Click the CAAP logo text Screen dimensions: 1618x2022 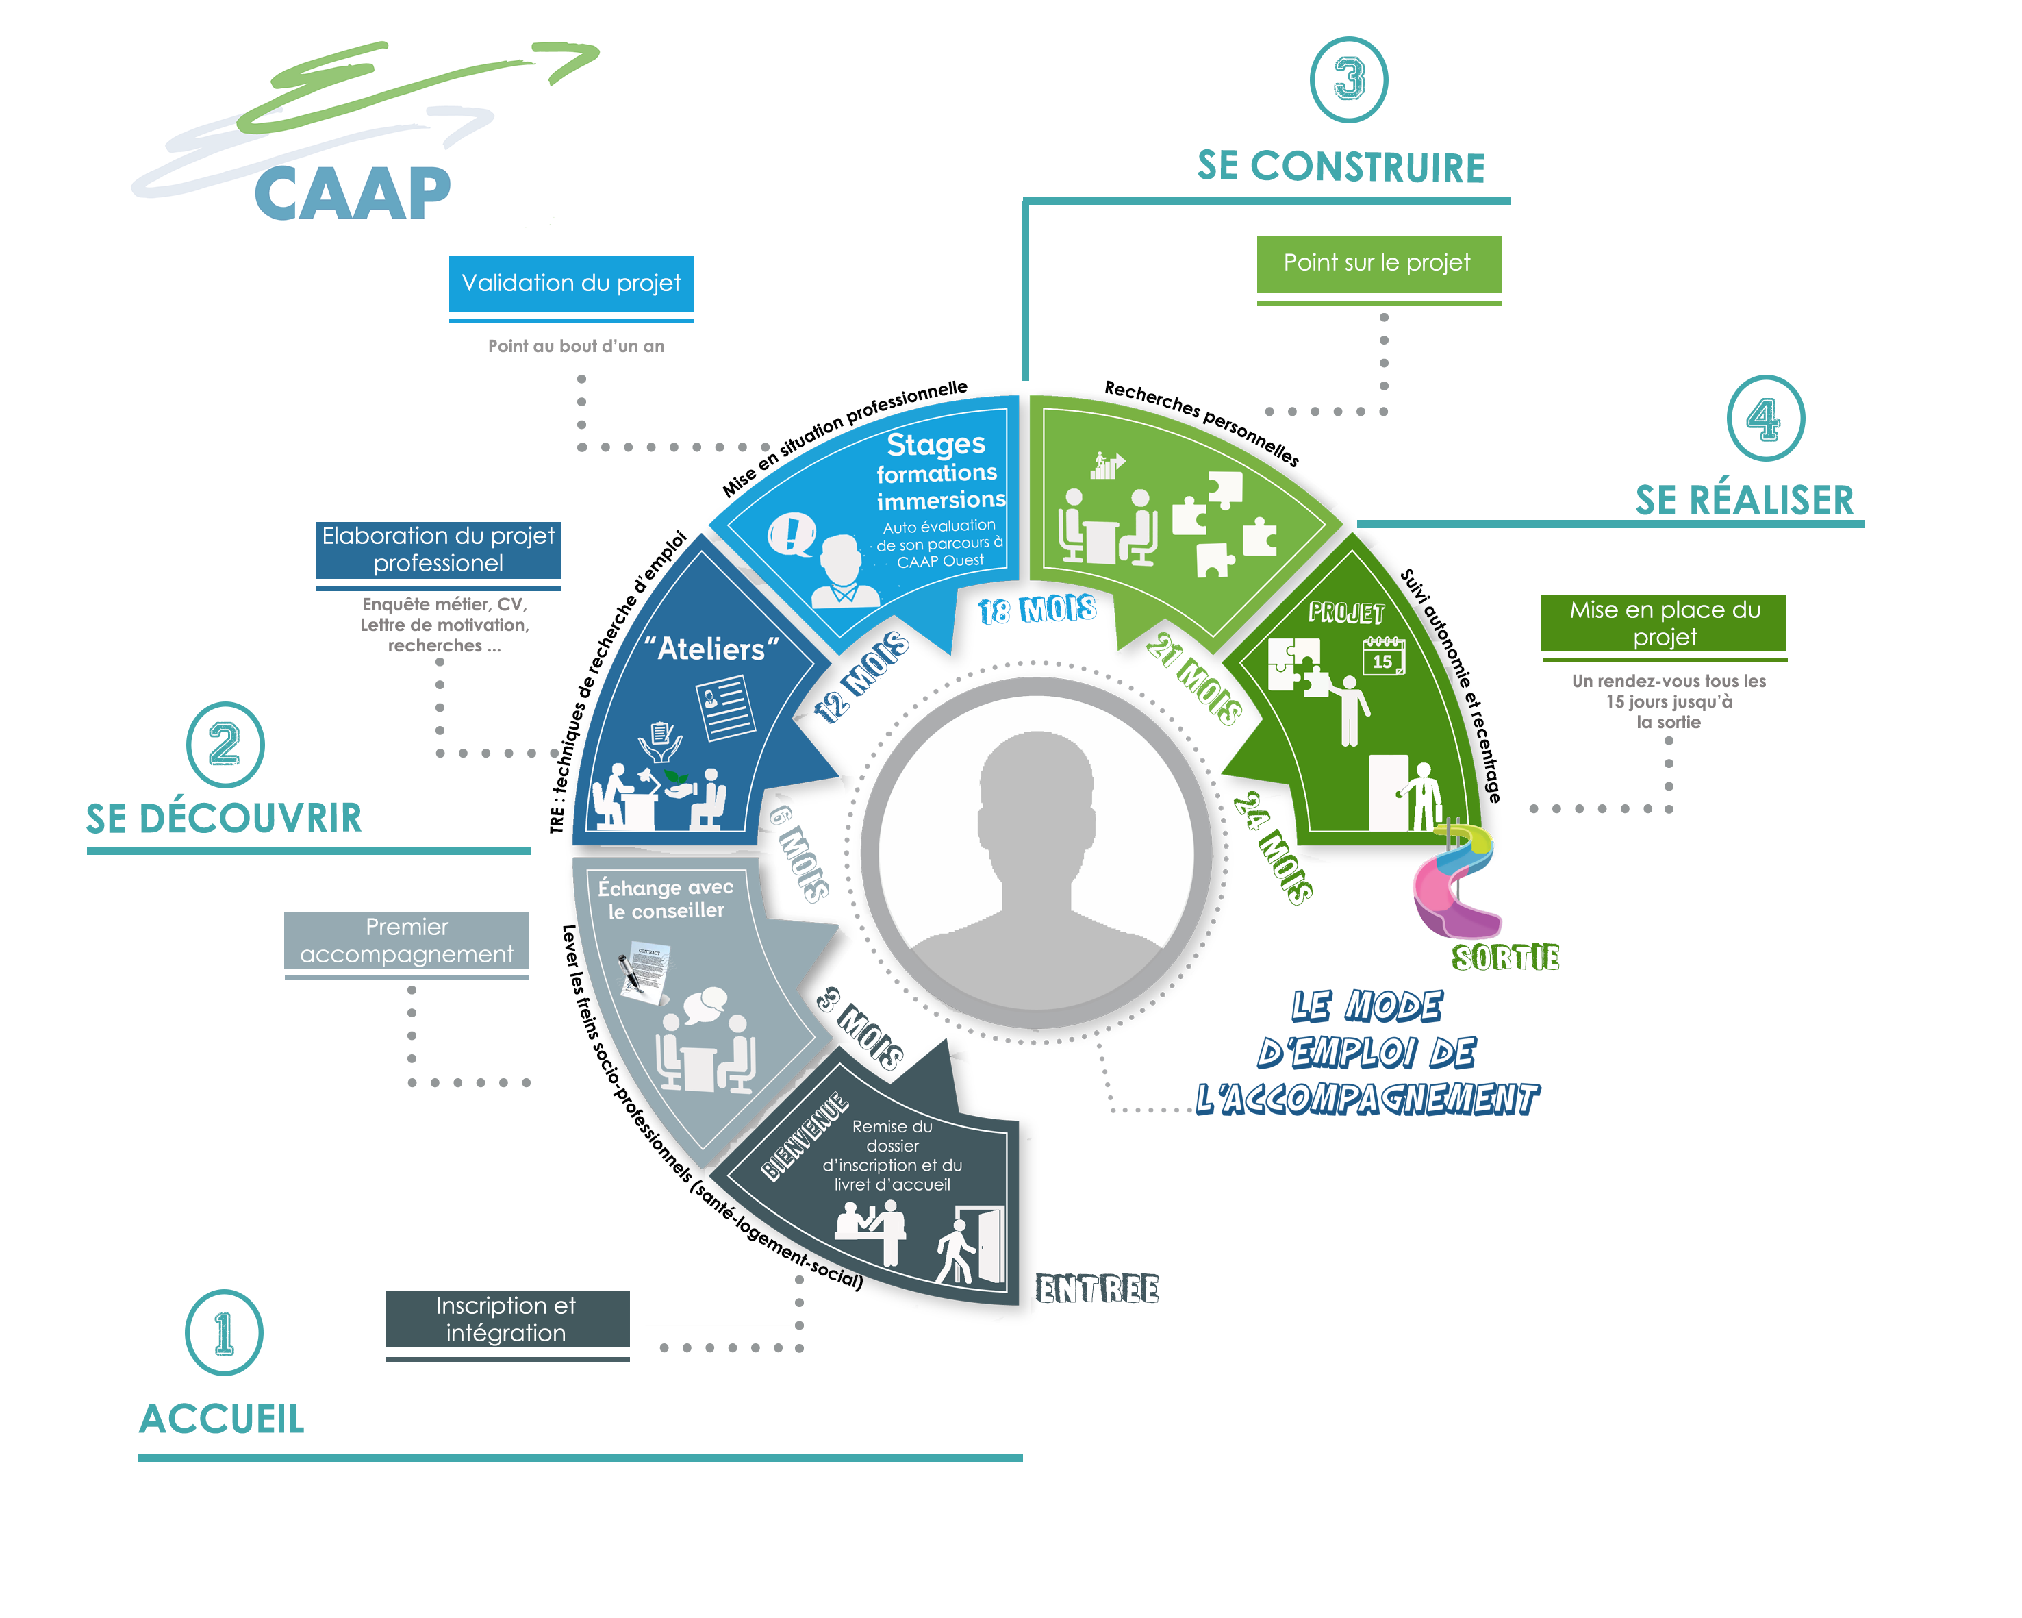pos(352,194)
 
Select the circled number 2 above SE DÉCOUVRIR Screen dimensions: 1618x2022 pos(225,745)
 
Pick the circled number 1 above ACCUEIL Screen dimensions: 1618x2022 pos(224,1332)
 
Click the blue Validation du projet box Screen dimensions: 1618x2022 pos(570,284)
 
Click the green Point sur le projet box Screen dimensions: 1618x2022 pos(1378,264)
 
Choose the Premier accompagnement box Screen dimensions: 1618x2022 pos(406,940)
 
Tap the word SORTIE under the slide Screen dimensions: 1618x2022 pos(1504,958)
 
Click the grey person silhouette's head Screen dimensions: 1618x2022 pos(1036,788)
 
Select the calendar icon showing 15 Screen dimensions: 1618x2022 pos(1383,656)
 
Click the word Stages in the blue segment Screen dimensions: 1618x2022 pos(935,444)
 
